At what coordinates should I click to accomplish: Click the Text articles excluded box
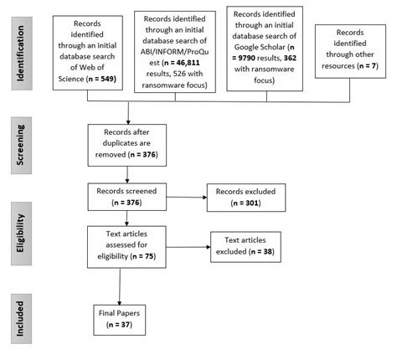254,245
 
